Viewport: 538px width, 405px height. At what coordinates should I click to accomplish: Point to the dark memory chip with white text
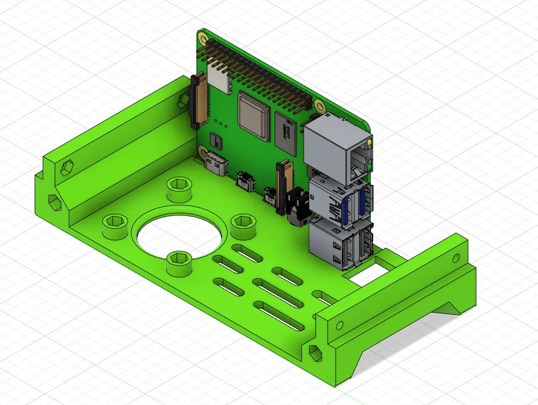click(x=286, y=134)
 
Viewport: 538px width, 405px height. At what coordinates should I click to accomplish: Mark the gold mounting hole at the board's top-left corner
click(x=203, y=38)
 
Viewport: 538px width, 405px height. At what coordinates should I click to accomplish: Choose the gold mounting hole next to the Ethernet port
click(x=320, y=106)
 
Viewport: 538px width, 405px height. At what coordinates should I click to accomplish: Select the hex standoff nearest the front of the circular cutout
click(x=179, y=262)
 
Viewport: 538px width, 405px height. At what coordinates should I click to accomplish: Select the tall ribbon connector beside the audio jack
click(x=279, y=186)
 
